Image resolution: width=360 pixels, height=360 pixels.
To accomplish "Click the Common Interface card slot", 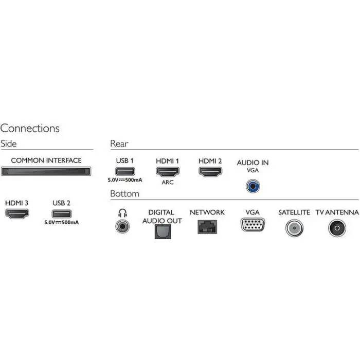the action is (46, 171).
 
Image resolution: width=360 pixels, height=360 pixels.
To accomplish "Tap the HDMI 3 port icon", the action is (17, 213).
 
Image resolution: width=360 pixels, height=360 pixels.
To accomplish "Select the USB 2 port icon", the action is (62, 214).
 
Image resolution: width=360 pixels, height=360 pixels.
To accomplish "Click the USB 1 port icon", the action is (125, 171).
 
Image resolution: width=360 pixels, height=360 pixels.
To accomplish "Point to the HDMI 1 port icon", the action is (168, 172).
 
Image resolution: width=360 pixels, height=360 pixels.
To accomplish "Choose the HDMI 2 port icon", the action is (210, 172).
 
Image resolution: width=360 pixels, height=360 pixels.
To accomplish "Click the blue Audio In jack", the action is (253, 186).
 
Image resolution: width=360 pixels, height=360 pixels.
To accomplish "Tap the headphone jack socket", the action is (122, 226).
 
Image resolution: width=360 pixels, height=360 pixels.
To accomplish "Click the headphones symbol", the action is (122, 213).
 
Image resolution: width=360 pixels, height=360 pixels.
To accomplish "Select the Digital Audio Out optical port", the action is (163, 231).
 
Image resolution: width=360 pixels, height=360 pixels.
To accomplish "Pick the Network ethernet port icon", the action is (207, 227).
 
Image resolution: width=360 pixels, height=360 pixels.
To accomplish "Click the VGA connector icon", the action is (253, 224).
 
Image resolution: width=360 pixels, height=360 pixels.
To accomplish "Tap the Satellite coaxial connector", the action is (294, 228).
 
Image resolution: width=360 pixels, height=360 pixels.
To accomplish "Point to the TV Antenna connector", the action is (337, 228).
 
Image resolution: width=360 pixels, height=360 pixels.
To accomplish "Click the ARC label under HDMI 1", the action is (168, 182).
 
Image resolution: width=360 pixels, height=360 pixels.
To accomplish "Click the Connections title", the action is (30, 128).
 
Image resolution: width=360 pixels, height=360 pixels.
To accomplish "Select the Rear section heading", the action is (119, 143).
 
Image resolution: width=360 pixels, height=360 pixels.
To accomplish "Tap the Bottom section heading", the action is (124, 193).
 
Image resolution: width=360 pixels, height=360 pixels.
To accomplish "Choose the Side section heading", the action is (9, 143).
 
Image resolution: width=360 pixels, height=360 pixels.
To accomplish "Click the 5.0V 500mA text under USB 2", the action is (62, 222).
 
